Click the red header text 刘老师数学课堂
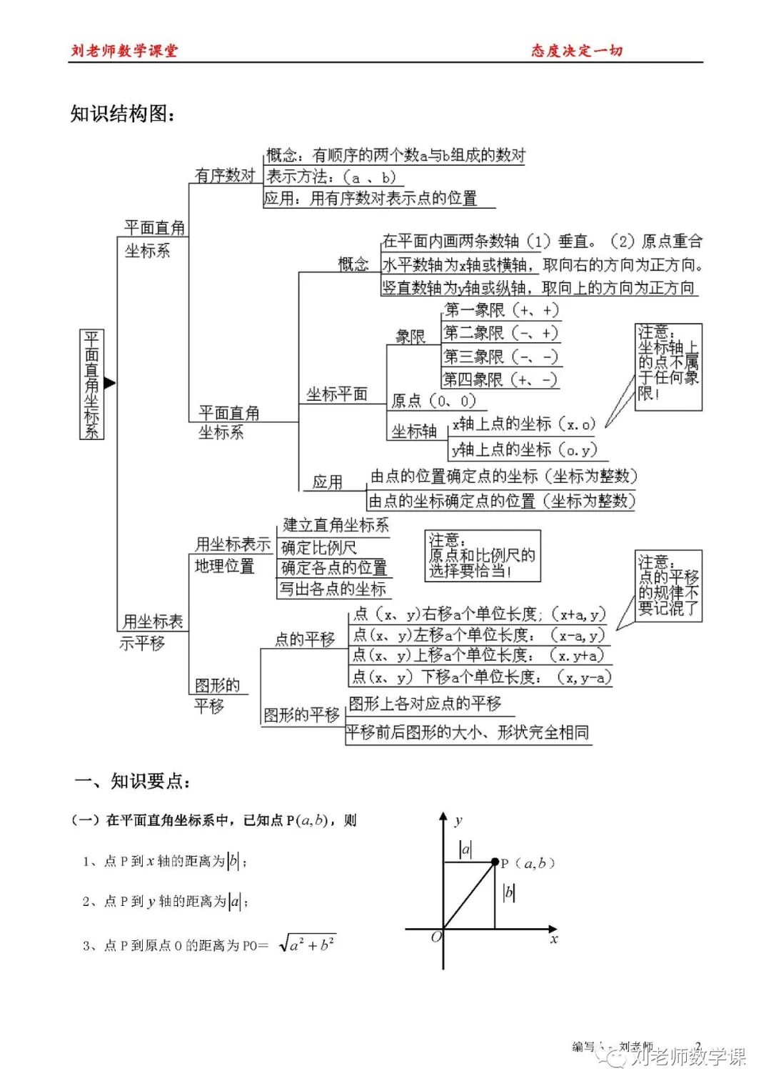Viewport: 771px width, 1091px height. (x=124, y=51)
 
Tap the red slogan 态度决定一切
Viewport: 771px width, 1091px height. (x=577, y=51)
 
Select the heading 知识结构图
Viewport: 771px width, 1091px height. (x=122, y=114)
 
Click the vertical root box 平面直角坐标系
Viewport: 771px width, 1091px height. (x=91, y=384)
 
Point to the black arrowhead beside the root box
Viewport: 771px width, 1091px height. (x=109, y=383)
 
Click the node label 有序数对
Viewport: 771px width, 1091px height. (x=225, y=175)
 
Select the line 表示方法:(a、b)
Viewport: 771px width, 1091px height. (x=331, y=177)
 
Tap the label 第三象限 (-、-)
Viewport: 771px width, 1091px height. (x=500, y=357)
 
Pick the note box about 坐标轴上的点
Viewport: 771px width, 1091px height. (x=668, y=367)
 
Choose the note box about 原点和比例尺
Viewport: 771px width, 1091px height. (x=483, y=555)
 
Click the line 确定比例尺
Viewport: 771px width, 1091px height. (x=319, y=548)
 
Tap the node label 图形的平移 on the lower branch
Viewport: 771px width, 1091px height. (x=301, y=715)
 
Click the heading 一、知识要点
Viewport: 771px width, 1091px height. (x=133, y=781)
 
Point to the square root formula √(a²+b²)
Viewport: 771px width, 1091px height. (x=307, y=945)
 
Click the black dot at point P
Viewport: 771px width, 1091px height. (x=495, y=862)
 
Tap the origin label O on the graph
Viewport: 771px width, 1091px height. (x=436, y=937)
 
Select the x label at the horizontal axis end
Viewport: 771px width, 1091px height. (x=554, y=940)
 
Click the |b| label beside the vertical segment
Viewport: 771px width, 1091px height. (x=509, y=892)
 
